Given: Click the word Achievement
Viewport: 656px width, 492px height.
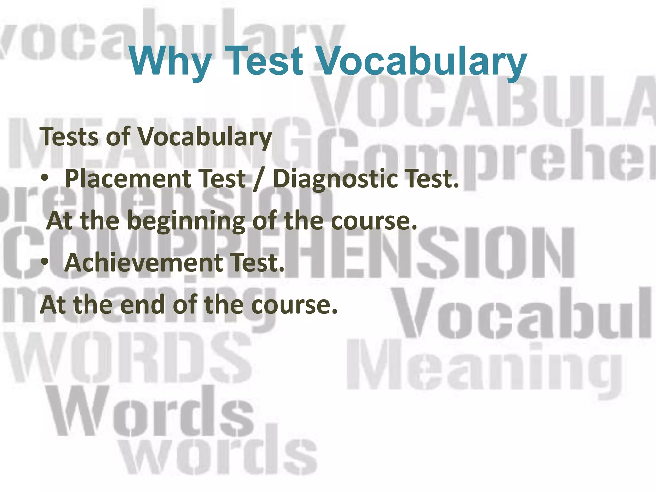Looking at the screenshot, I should pos(144,263).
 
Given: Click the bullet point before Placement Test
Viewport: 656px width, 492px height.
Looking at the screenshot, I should pos(45,178).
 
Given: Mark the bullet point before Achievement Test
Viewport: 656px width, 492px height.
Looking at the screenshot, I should pos(45,262).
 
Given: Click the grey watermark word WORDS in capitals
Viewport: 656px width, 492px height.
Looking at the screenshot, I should pos(128,357).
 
